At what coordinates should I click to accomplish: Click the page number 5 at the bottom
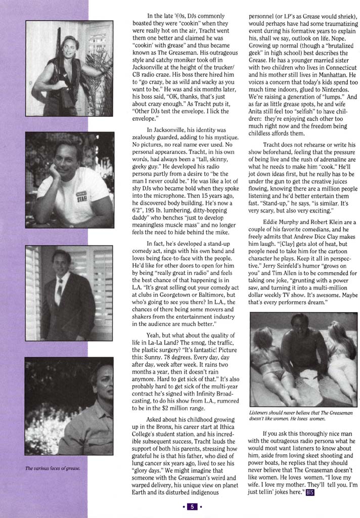pos(192,506)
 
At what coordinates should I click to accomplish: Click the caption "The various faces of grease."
pos(54,468)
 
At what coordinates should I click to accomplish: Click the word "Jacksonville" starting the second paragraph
pos(176,130)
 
